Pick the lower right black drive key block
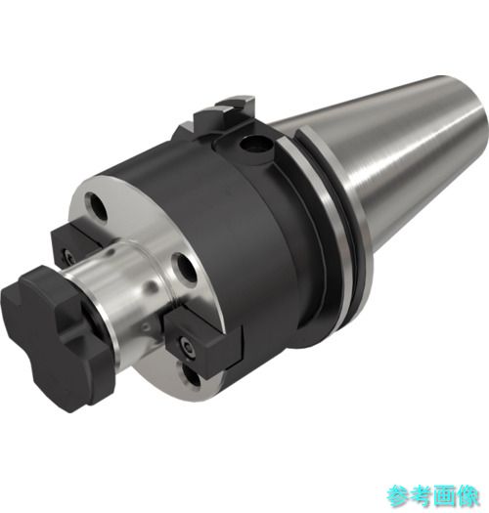coord(203,344)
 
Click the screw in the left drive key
coord(68,254)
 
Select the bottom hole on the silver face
coord(191,376)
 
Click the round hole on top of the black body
coord(254,145)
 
